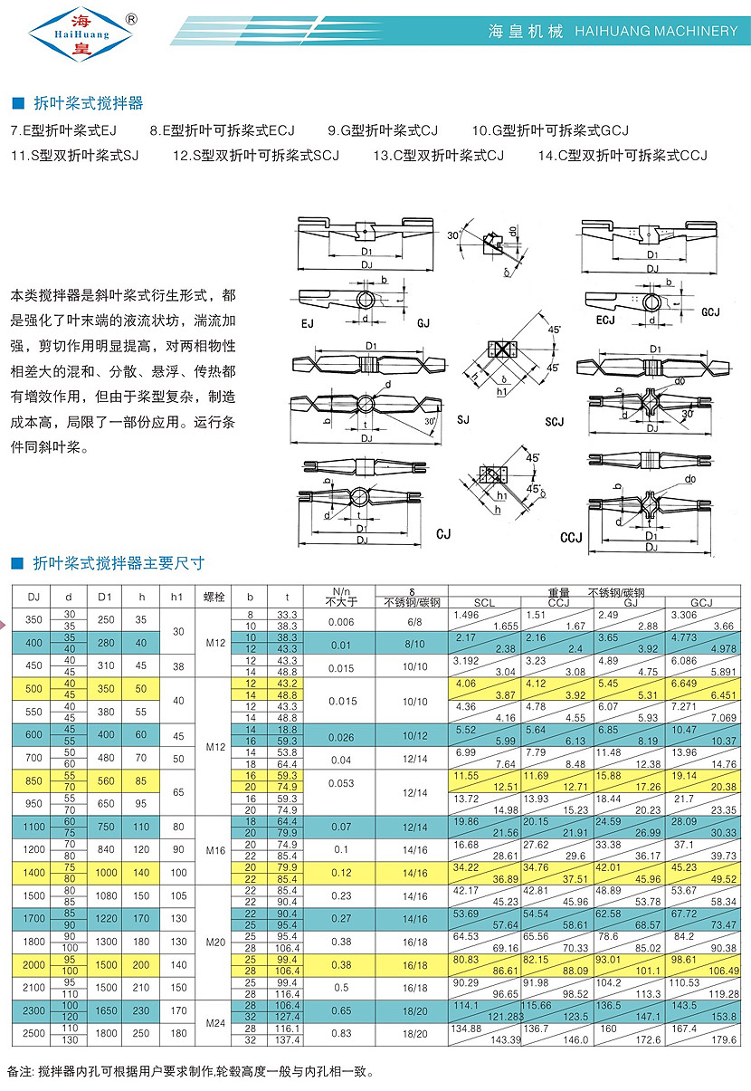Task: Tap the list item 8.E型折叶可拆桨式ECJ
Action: click(223, 130)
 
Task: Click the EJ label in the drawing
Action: click(309, 322)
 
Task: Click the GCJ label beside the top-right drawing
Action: click(710, 312)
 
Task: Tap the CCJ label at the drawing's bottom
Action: click(571, 538)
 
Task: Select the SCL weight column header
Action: click(485, 603)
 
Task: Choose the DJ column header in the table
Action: click(33, 597)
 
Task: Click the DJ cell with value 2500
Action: click(33, 1033)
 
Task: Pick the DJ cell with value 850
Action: click(33, 780)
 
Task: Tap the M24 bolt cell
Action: click(214, 1023)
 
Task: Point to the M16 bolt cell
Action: click(214, 851)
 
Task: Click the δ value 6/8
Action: click(414, 622)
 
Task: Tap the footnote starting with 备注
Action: click(190, 1071)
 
